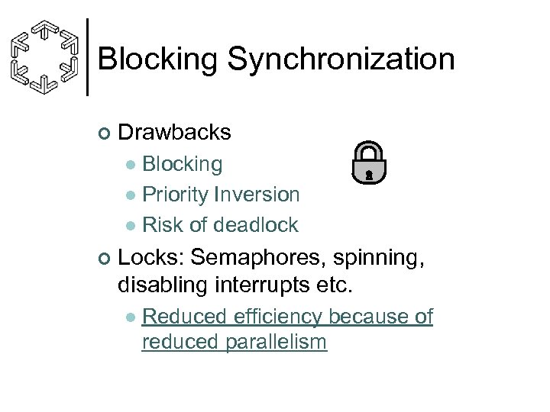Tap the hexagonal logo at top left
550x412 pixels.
coord(46,57)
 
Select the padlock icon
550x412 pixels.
coord(368,163)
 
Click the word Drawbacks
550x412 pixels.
coord(175,132)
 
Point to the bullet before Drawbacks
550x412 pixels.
coord(105,134)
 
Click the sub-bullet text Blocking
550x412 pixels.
coord(183,163)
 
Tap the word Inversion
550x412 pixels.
coord(257,195)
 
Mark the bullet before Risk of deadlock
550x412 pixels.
coord(131,226)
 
